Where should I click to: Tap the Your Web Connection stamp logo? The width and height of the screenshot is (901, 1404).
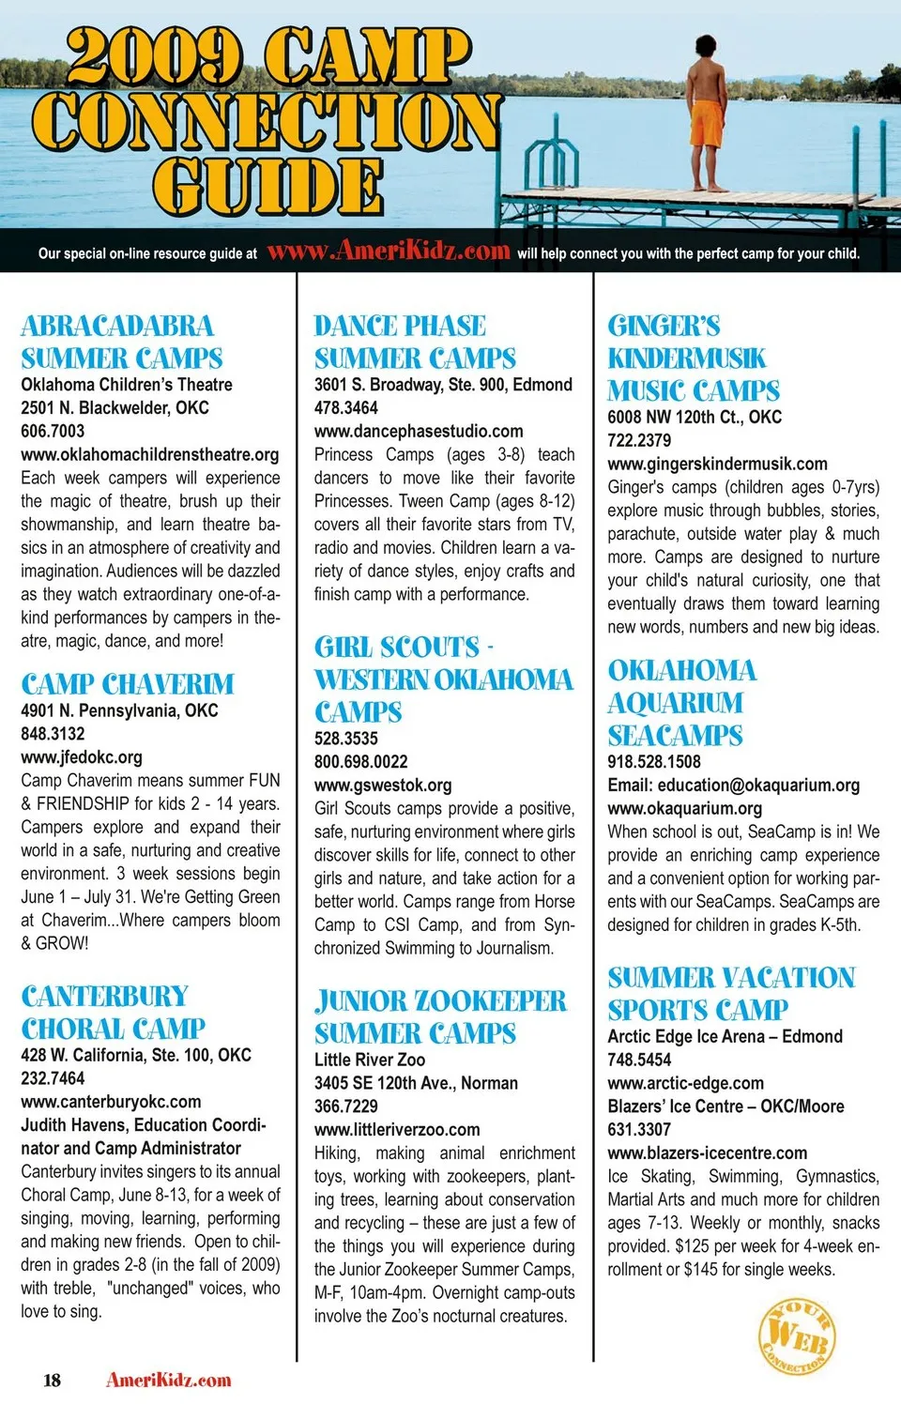(x=797, y=1336)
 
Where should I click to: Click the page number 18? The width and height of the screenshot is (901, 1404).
(x=52, y=1380)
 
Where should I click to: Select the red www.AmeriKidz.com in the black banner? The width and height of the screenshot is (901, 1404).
(x=388, y=252)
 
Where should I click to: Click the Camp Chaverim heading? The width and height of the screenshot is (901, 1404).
(x=128, y=683)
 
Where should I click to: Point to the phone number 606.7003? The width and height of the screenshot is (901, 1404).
(x=53, y=431)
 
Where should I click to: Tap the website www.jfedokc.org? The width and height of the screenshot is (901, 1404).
(x=82, y=756)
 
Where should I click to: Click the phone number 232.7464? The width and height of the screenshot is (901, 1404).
(x=53, y=1078)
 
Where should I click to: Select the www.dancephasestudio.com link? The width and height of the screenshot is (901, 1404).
(x=419, y=431)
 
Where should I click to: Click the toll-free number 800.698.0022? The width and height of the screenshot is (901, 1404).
(x=361, y=761)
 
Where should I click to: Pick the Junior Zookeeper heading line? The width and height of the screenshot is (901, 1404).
(x=440, y=1000)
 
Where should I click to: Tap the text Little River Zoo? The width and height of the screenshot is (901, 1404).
(x=370, y=1059)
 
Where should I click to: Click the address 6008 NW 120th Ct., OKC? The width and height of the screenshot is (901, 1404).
(x=695, y=417)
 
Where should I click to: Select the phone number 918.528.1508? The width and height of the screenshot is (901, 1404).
(x=654, y=761)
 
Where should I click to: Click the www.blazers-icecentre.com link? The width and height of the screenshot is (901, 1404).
(x=708, y=1152)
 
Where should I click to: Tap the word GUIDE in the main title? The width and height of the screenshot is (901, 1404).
(x=268, y=186)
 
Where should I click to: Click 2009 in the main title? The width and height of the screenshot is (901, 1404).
(x=154, y=56)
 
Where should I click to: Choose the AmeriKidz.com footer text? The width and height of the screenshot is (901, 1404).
(x=169, y=1380)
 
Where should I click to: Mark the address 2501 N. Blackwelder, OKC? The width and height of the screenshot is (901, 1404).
(x=115, y=407)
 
